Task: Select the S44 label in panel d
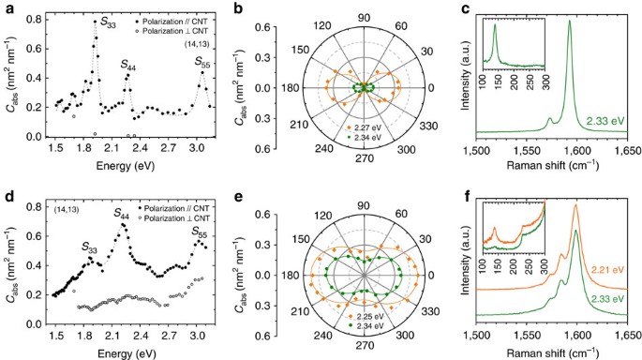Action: point(123,215)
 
